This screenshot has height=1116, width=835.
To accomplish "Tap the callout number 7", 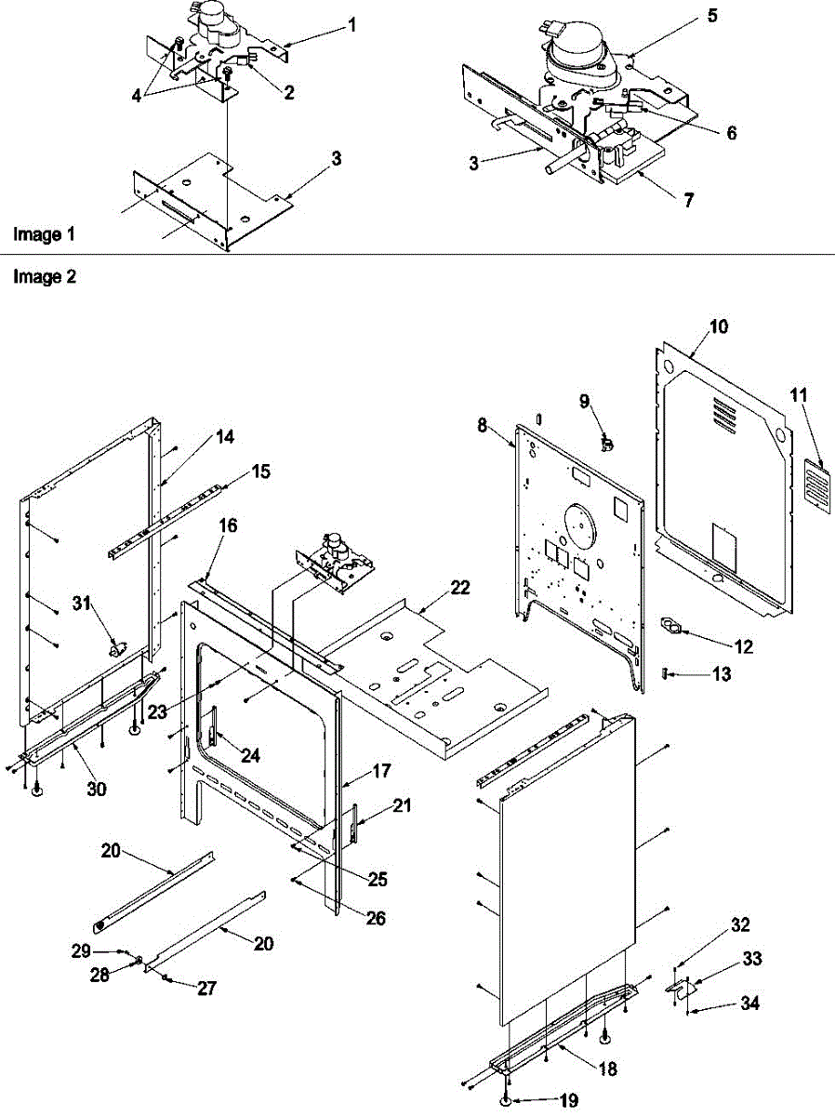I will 689,200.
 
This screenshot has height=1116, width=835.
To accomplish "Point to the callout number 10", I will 719,327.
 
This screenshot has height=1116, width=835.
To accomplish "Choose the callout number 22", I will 460,588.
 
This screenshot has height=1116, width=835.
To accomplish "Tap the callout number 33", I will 750,957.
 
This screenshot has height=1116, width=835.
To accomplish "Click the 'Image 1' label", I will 44,234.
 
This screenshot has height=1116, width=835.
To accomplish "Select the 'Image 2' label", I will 44,276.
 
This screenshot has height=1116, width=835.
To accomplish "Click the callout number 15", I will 262,472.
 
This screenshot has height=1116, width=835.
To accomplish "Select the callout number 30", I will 97,790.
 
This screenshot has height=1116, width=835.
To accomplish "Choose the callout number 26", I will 350,919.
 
